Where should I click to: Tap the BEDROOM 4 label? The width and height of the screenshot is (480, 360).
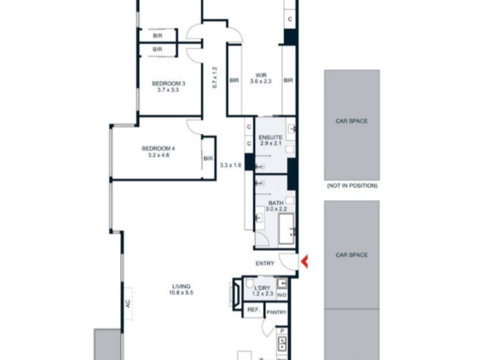point(158,148)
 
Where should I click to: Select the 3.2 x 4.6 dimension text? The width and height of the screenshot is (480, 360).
point(158,155)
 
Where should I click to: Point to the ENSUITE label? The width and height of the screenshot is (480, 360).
point(271,137)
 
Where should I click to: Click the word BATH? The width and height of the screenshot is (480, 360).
point(276,203)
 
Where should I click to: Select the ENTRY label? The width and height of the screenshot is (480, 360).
point(265,263)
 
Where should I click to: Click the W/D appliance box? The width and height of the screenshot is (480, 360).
point(282,295)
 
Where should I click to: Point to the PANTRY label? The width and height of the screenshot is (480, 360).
point(277,312)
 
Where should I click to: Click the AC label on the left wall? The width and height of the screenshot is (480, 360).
point(128,304)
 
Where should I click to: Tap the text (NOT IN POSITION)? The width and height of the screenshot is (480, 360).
point(352,186)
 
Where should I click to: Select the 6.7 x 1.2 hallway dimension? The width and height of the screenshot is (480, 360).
point(214,77)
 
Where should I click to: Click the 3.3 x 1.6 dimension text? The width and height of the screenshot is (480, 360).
point(230,164)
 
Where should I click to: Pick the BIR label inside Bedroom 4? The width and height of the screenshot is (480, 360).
point(208,158)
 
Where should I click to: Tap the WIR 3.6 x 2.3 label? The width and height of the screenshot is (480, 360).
point(261,78)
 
